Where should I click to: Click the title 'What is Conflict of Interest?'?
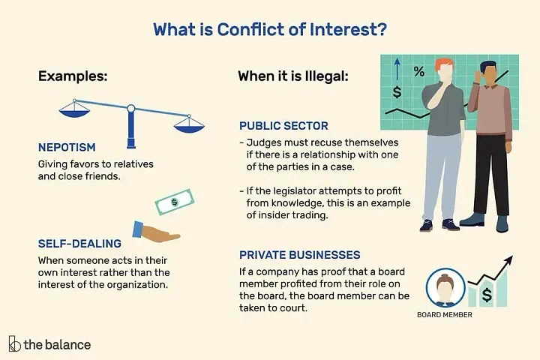[x=270, y=30]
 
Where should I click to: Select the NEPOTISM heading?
[x=67, y=148]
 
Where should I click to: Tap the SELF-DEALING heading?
[x=79, y=244]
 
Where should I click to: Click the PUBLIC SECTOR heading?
[x=283, y=126]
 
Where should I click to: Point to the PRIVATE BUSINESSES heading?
[x=299, y=255]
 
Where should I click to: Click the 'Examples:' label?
[x=73, y=76]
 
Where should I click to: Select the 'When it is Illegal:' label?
[x=293, y=76]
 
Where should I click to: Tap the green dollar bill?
[x=175, y=202]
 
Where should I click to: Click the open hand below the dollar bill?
[x=156, y=232]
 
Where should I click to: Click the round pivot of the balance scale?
[x=130, y=109]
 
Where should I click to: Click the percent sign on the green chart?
[x=419, y=71]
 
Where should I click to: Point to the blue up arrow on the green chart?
[x=397, y=68]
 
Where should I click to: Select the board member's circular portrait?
[x=445, y=288]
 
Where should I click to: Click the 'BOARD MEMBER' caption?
[x=445, y=314]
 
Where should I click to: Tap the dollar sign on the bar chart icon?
[x=487, y=295]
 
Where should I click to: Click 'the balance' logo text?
[x=57, y=345]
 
